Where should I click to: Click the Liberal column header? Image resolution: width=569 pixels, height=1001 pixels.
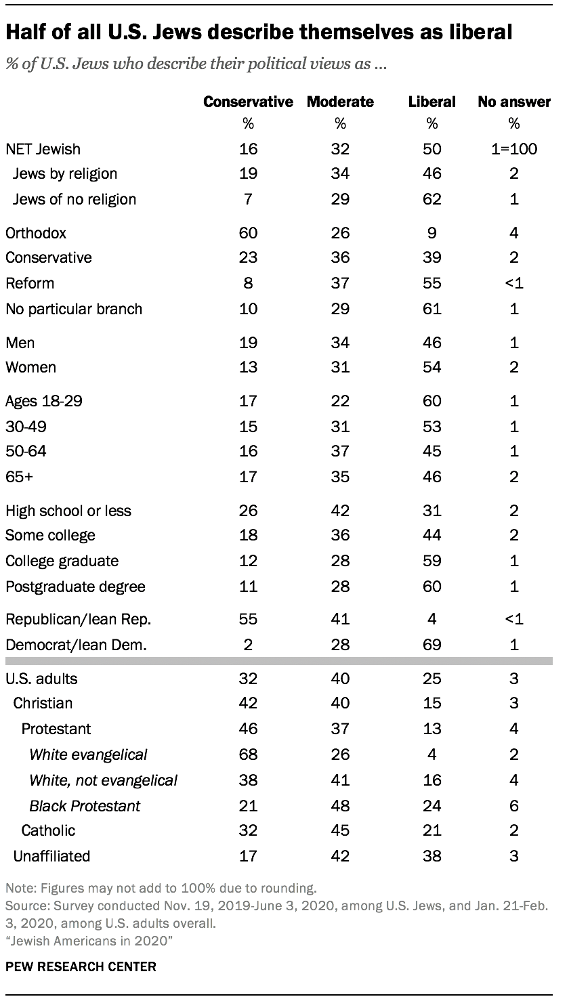click(432, 102)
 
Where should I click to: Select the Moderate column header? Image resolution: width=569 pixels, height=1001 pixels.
click(340, 102)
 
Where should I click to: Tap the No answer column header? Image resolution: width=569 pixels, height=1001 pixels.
click(514, 102)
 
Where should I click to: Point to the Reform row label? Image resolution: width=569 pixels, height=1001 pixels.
click(30, 283)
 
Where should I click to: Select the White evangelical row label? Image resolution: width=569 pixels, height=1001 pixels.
click(88, 754)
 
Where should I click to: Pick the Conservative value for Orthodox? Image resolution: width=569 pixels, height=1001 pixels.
click(249, 232)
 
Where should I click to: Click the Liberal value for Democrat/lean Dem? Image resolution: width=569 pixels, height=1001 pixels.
click(432, 645)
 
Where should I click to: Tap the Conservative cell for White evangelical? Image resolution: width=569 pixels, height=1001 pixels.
click(249, 754)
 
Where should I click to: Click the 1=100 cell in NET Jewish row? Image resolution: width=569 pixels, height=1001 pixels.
click(514, 148)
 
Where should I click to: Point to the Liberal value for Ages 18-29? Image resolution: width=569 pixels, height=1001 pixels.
click(432, 401)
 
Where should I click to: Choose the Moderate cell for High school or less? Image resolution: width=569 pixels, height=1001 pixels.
click(340, 511)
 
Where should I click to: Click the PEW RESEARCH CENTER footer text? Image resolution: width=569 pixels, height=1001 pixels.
click(81, 966)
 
